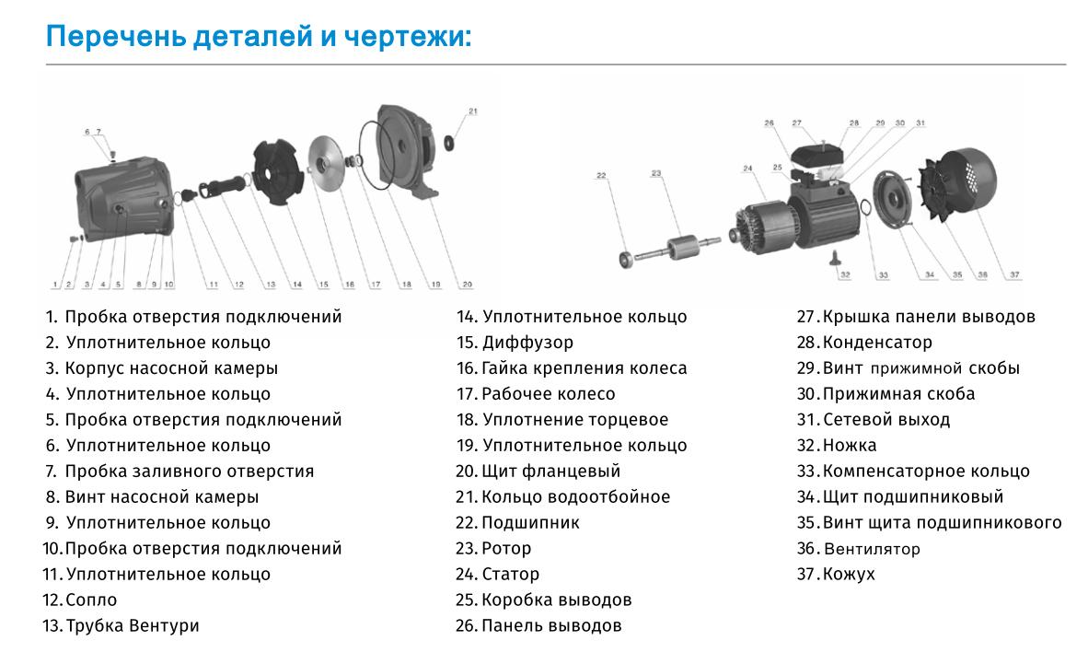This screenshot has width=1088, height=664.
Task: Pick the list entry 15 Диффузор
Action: (515, 342)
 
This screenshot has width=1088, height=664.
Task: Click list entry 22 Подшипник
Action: (519, 522)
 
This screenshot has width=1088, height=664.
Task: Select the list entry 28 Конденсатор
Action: (865, 342)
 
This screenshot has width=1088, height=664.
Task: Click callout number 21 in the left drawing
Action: (473, 111)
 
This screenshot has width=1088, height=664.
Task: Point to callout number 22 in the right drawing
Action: (601, 175)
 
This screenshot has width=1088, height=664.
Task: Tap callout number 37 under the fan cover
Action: (1014, 274)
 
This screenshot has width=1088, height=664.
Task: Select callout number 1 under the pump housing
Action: (55, 285)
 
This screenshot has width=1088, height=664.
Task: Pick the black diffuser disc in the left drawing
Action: (278, 169)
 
